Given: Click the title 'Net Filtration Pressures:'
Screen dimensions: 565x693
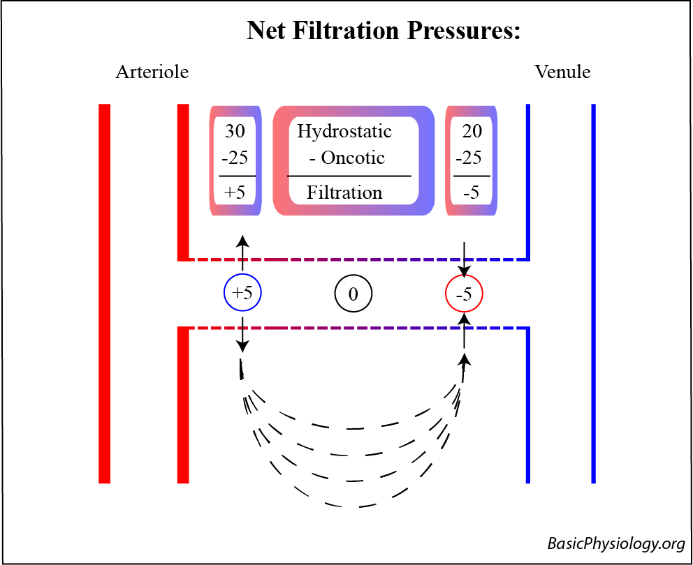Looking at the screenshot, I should tap(384, 31).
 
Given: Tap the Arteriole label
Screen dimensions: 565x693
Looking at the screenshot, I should tap(152, 72).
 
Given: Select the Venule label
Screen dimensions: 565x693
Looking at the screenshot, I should tap(562, 72).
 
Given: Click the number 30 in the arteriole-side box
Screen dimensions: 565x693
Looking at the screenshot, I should tap(235, 131).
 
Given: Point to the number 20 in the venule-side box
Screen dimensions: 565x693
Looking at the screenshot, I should tap(472, 131).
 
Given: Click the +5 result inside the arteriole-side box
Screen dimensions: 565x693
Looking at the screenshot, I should tap(235, 193).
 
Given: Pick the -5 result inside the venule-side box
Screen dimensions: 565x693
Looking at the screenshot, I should tap(471, 193).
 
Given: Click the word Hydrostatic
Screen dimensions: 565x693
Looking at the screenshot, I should tap(344, 131).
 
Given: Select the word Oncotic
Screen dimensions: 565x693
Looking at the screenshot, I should tap(352, 158).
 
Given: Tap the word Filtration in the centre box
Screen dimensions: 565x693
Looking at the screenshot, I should tap(344, 193).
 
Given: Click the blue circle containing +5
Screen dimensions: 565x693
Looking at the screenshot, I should tap(242, 294).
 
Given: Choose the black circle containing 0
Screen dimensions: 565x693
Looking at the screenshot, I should tap(353, 294).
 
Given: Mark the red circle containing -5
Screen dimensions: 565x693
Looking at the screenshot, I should tap(464, 294).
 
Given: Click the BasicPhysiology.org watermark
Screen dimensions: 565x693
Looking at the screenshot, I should tap(615, 544).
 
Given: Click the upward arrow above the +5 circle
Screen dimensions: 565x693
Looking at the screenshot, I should tap(242, 253).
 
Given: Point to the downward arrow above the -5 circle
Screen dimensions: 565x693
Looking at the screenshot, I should tap(465, 259).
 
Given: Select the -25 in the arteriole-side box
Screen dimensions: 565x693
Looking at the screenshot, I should tap(235, 158).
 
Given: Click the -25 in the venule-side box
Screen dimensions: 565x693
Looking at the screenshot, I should tap(469, 158).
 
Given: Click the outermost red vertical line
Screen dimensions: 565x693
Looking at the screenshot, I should tap(105, 293).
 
